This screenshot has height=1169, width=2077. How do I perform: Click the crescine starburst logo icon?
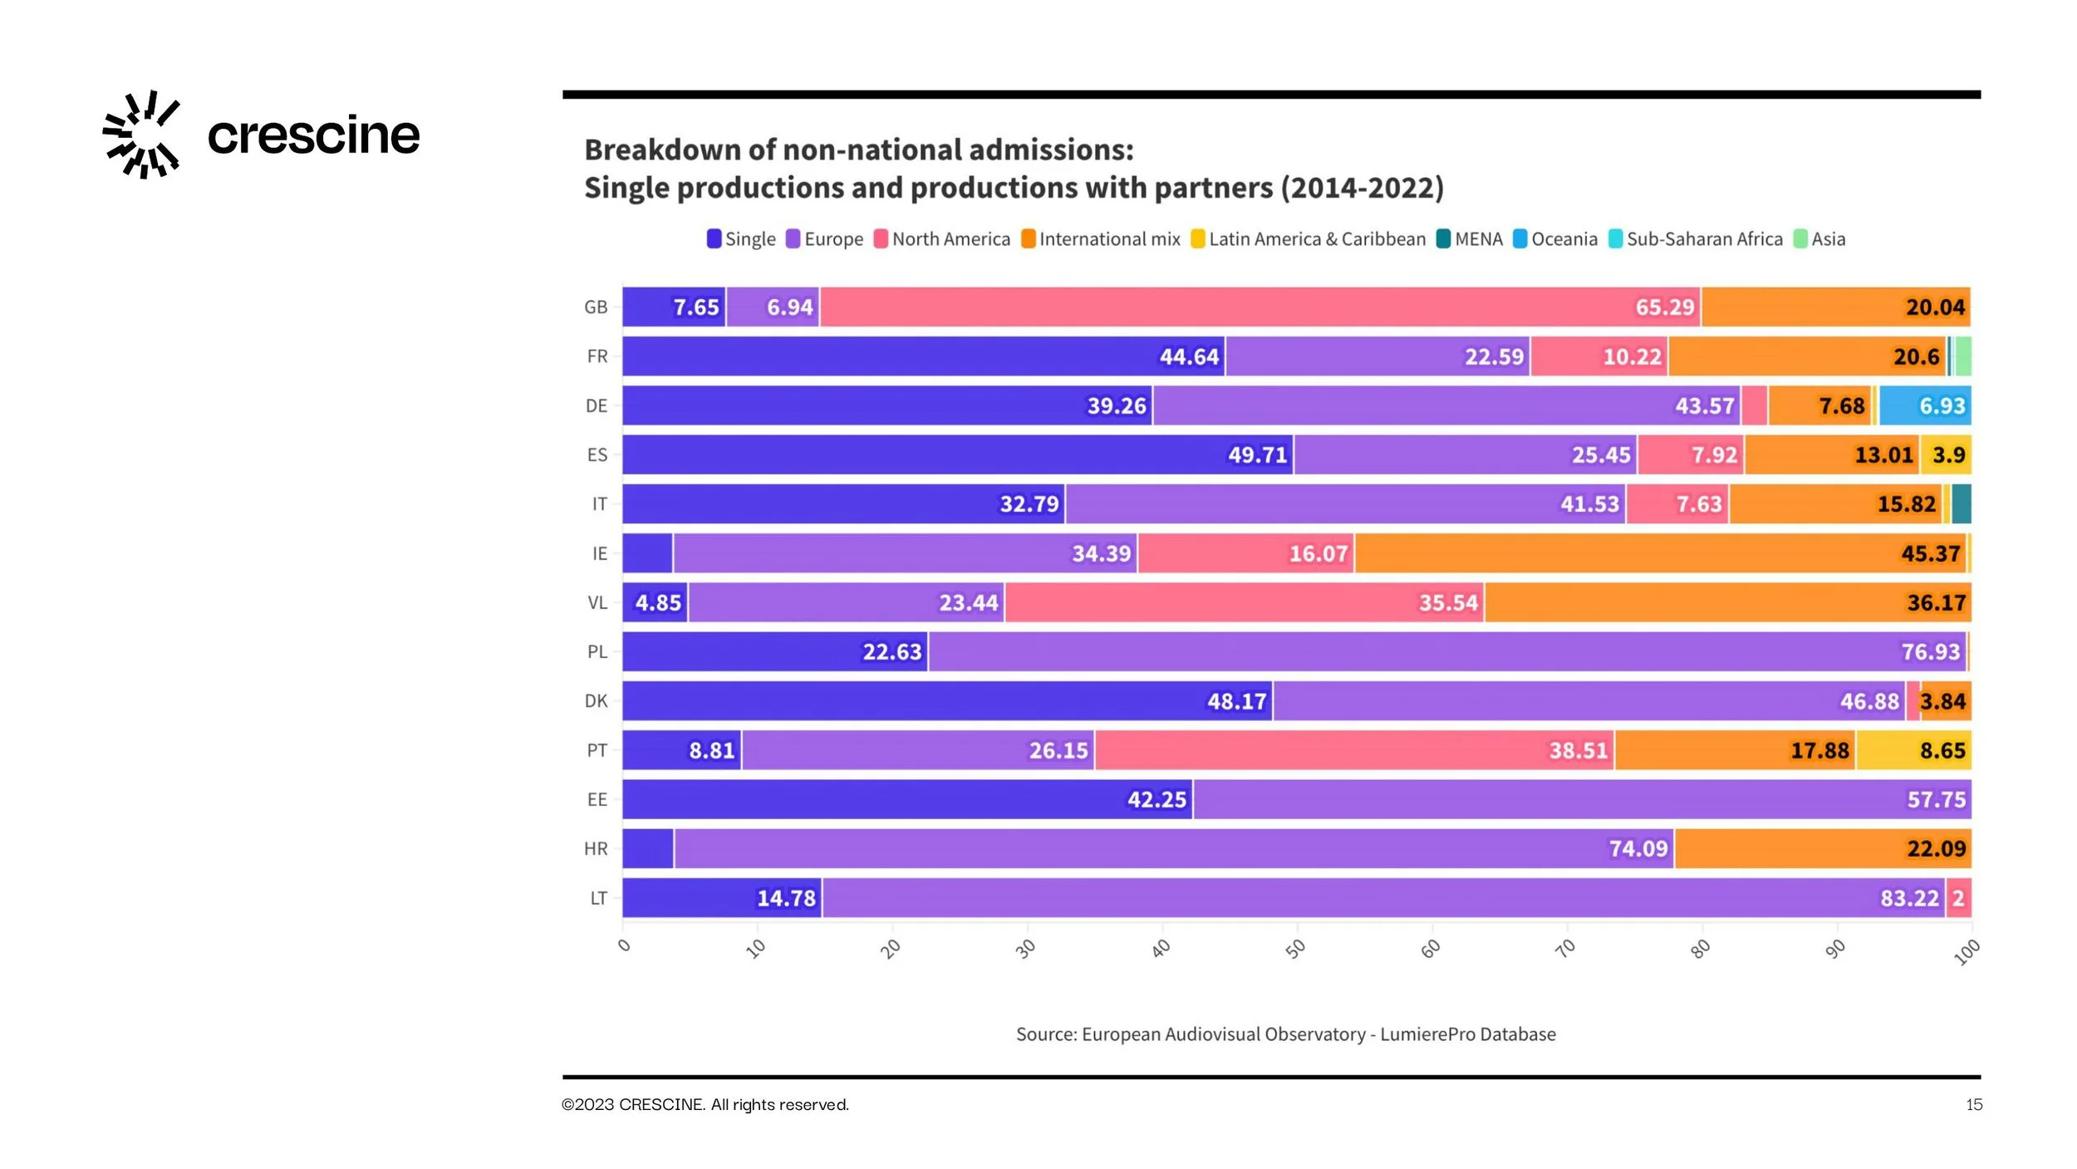tap(141, 135)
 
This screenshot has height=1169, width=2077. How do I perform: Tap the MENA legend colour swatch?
tap(1444, 239)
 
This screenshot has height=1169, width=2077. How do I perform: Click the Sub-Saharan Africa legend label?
tap(1704, 239)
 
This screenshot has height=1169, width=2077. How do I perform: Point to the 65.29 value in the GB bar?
tap(1664, 307)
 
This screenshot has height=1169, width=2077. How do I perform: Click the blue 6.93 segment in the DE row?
tap(1925, 405)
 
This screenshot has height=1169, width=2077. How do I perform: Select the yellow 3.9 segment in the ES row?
tap(1947, 455)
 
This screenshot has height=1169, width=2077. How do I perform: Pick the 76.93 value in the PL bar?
tap(1930, 652)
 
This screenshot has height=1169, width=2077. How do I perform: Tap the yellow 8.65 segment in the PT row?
tap(1913, 751)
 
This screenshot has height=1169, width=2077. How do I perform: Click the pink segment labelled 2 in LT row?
tap(1958, 898)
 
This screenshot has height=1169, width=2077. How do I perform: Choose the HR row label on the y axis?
tap(596, 849)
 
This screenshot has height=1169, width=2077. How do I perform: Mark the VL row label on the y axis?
tap(597, 603)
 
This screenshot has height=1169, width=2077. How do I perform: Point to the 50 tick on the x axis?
tap(1296, 948)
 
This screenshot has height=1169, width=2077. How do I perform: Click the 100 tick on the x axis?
tap(1967, 951)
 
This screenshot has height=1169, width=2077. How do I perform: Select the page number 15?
tap(1974, 1105)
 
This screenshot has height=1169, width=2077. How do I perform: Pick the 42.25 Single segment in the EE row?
tap(907, 800)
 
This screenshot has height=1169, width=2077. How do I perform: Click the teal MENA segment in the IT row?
tap(1962, 504)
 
